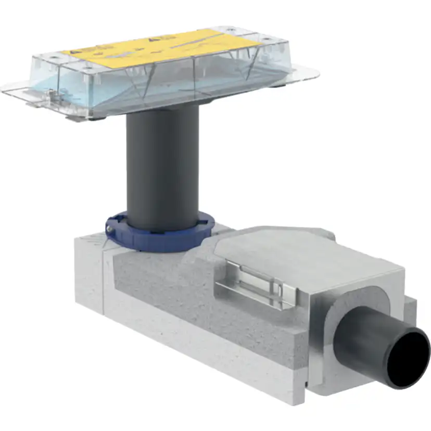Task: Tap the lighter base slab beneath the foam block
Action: [x=208, y=354]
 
